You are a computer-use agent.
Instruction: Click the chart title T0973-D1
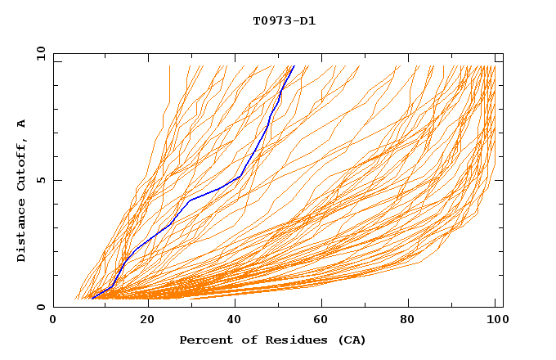click(x=284, y=21)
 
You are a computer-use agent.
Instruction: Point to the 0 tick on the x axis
click(x=53, y=321)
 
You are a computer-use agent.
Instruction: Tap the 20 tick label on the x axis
click(x=147, y=321)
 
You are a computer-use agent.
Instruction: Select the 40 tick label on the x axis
click(x=236, y=321)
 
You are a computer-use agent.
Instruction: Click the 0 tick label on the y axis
click(x=41, y=307)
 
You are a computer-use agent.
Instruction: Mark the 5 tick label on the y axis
click(x=41, y=180)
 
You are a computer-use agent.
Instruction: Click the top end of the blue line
click(x=294, y=65)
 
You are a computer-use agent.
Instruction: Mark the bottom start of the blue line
click(x=92, y=299)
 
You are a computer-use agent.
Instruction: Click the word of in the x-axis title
click(x=244, y=340)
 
